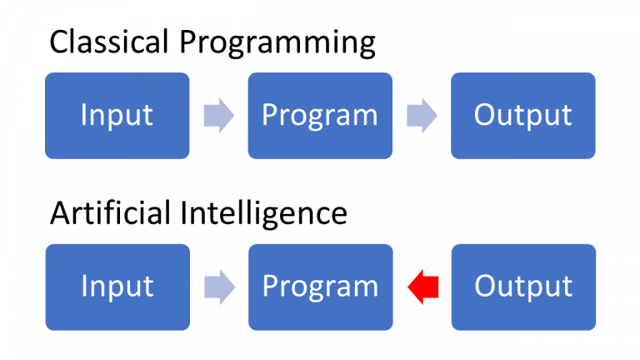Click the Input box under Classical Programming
117,115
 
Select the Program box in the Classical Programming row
320,115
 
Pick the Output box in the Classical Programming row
522,115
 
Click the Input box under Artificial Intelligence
117,287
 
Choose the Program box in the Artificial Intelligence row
320,287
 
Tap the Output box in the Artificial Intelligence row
522,287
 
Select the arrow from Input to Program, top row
218,116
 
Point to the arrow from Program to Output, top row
422,116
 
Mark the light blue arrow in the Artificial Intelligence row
218,287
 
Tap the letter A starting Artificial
61,213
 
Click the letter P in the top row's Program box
269,115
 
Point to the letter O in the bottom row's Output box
485,287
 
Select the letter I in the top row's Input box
83,115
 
